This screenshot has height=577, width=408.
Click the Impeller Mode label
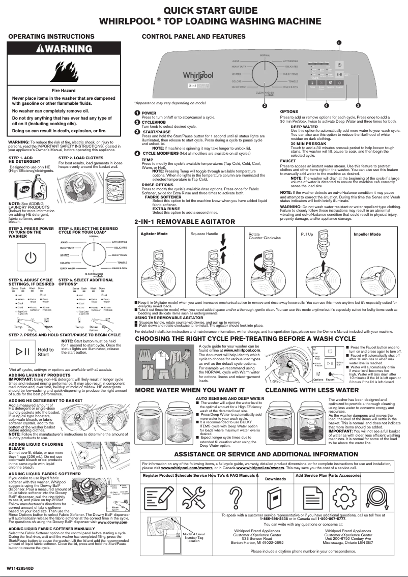[367, 235]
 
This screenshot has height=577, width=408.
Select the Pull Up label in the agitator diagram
[307, 235]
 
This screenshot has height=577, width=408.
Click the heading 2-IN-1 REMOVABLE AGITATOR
[185, 222]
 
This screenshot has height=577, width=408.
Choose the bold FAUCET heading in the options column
[288, 160]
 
